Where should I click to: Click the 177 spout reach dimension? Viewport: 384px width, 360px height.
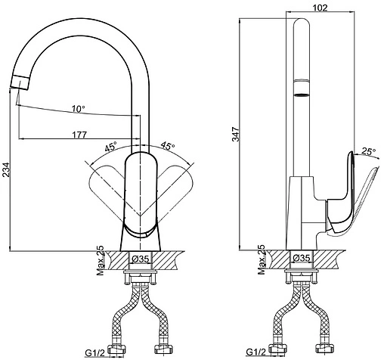point(79,135)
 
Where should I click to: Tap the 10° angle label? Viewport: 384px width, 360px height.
point(79,109)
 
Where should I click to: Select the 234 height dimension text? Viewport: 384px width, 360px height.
point(6,169)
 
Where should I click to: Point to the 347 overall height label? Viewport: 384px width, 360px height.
point(236,135)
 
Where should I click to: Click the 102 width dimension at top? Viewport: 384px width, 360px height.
point(320,8)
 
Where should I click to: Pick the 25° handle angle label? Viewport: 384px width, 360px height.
point(369,151)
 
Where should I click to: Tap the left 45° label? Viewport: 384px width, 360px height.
point(111,146)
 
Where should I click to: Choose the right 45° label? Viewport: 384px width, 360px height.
point(168,146)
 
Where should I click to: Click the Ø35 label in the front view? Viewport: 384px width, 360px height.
point(141,259)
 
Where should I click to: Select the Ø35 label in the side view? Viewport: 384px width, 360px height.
point(302,258)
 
